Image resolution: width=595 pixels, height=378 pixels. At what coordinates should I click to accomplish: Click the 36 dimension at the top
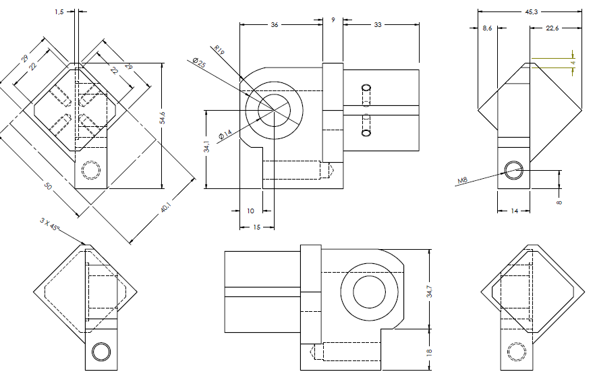pos(275,24)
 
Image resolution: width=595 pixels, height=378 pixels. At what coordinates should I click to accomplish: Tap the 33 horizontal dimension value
pos(377,24)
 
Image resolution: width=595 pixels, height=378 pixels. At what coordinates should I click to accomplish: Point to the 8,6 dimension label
pos(487,28)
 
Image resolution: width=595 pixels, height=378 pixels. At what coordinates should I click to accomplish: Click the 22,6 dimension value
pos(552,28)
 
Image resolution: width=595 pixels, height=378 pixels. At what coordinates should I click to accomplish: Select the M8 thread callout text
pos(462,181)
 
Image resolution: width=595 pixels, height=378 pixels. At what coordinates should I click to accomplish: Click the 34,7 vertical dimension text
pos(439,291)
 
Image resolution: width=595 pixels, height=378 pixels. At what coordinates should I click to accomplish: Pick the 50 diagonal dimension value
pos(47,186)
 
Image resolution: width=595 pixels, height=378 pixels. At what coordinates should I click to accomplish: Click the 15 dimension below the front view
pos(256,227)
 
